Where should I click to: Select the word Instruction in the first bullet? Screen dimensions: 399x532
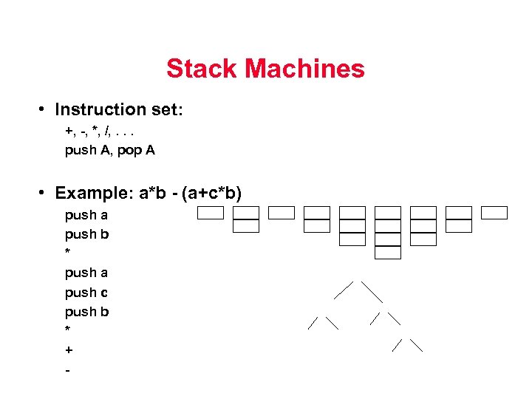coord(101,109)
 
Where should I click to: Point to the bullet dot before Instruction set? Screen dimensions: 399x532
coord(44,109)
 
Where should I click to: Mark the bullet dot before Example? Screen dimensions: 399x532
coord(44,193)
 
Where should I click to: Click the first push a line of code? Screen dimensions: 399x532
coord(86,215)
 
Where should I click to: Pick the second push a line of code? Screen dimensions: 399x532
coord(86,273)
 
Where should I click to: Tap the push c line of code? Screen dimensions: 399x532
coord(86,292)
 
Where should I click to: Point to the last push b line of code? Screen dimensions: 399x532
coord(86,311)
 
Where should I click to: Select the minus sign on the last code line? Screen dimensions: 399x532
coord(67,369)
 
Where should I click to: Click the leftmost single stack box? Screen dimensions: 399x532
coord(210,213)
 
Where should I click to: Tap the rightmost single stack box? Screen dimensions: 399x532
coord(494,213)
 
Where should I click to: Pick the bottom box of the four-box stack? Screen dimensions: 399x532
coord(388,253)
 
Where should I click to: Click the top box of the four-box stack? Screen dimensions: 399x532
coord(388,213)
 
